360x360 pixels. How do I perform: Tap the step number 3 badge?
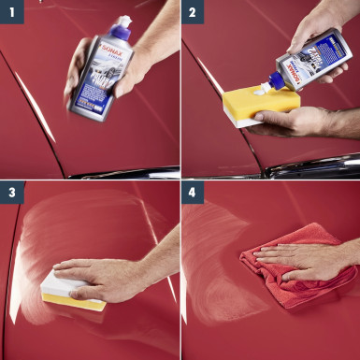click(x=11, y=193)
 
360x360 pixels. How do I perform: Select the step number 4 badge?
click(x=193, y=193)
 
